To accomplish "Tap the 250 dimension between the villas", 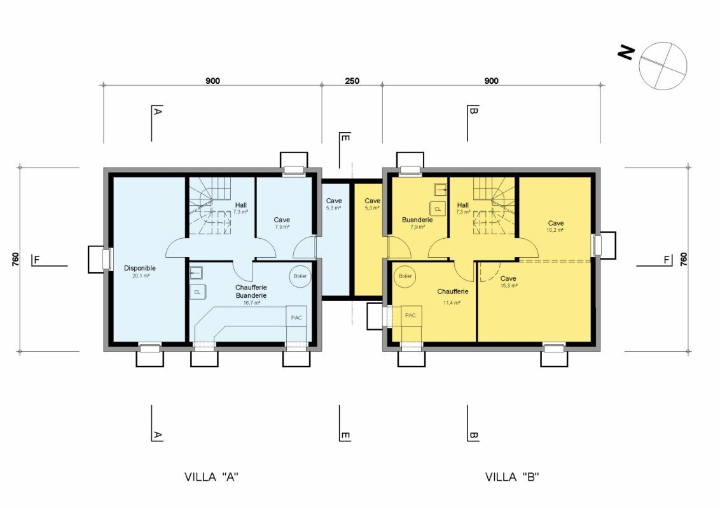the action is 352,81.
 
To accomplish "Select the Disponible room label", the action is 139,268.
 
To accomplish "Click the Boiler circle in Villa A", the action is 300,276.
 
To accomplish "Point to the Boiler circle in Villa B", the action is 405,276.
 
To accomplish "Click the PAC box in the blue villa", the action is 296,317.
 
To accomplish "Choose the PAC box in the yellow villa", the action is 411,316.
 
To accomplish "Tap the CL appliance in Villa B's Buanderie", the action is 437,209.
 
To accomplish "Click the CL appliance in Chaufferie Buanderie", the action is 197,292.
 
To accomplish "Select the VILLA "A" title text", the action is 211,477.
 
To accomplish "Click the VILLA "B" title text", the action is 512,477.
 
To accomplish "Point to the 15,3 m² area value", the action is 509,286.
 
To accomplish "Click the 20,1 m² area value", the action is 141,276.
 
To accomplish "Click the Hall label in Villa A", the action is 240,205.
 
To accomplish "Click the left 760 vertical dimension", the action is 15,260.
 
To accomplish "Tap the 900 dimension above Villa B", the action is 491,81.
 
